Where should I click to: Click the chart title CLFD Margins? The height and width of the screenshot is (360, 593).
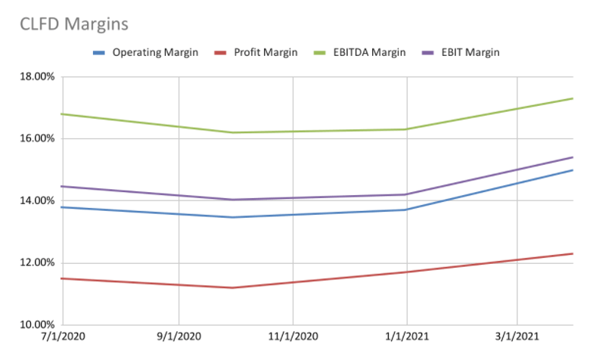tap(74, 24)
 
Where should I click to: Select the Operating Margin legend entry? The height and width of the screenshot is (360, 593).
tap(145, 52)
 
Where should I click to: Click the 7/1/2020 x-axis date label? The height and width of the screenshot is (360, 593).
tap(64, 340)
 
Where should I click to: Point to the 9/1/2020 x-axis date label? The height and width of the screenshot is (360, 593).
tap(179, 340)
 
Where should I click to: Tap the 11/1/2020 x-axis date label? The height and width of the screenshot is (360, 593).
tap(293, 340)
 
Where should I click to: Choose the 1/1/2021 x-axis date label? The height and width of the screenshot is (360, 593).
tap(407, 340)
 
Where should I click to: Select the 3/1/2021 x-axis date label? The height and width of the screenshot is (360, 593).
tap(517, 340)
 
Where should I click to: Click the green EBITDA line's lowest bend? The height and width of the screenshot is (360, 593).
tap(234, 132)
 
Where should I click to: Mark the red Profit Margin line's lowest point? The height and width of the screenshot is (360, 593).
tap(234, 287)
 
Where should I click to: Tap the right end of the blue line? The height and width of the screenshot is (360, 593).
tap(573, 170)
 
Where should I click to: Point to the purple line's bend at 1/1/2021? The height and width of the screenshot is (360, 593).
tap(407, 194)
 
